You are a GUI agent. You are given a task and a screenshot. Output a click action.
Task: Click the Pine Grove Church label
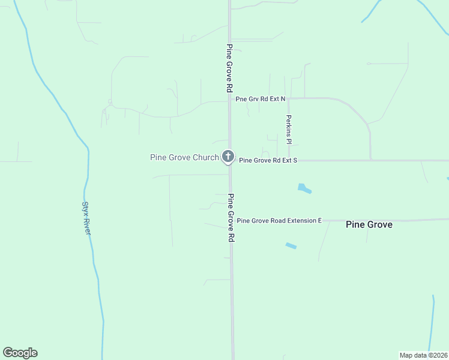point(184,158)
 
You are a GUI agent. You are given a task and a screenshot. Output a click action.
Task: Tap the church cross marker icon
point(228,157)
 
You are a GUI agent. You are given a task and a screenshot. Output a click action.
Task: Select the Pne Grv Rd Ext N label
point(261,98)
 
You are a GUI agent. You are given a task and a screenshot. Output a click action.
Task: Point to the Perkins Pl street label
point(289,130)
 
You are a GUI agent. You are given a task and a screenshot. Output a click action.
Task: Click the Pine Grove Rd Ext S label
point(268,161)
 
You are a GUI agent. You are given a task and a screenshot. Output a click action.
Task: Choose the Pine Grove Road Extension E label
point(279,221)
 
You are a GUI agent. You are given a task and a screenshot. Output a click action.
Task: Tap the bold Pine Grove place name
point(369,224)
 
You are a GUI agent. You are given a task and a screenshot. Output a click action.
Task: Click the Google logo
point(20,353)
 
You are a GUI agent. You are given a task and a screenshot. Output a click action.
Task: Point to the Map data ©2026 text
point(423,355)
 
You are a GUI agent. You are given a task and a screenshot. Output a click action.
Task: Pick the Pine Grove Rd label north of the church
point(229,68)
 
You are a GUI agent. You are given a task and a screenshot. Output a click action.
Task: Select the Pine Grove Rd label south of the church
point(231,217)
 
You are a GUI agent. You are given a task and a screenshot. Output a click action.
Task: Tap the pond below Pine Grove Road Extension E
point(291,245)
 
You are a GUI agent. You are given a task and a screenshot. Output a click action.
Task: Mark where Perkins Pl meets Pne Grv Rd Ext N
point(289,98)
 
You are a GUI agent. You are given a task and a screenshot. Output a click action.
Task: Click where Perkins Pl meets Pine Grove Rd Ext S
point(289,160)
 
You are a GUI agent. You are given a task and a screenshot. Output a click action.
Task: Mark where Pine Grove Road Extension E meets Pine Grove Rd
point(231,221)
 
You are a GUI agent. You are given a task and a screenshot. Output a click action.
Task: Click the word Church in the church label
point(206,158)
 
